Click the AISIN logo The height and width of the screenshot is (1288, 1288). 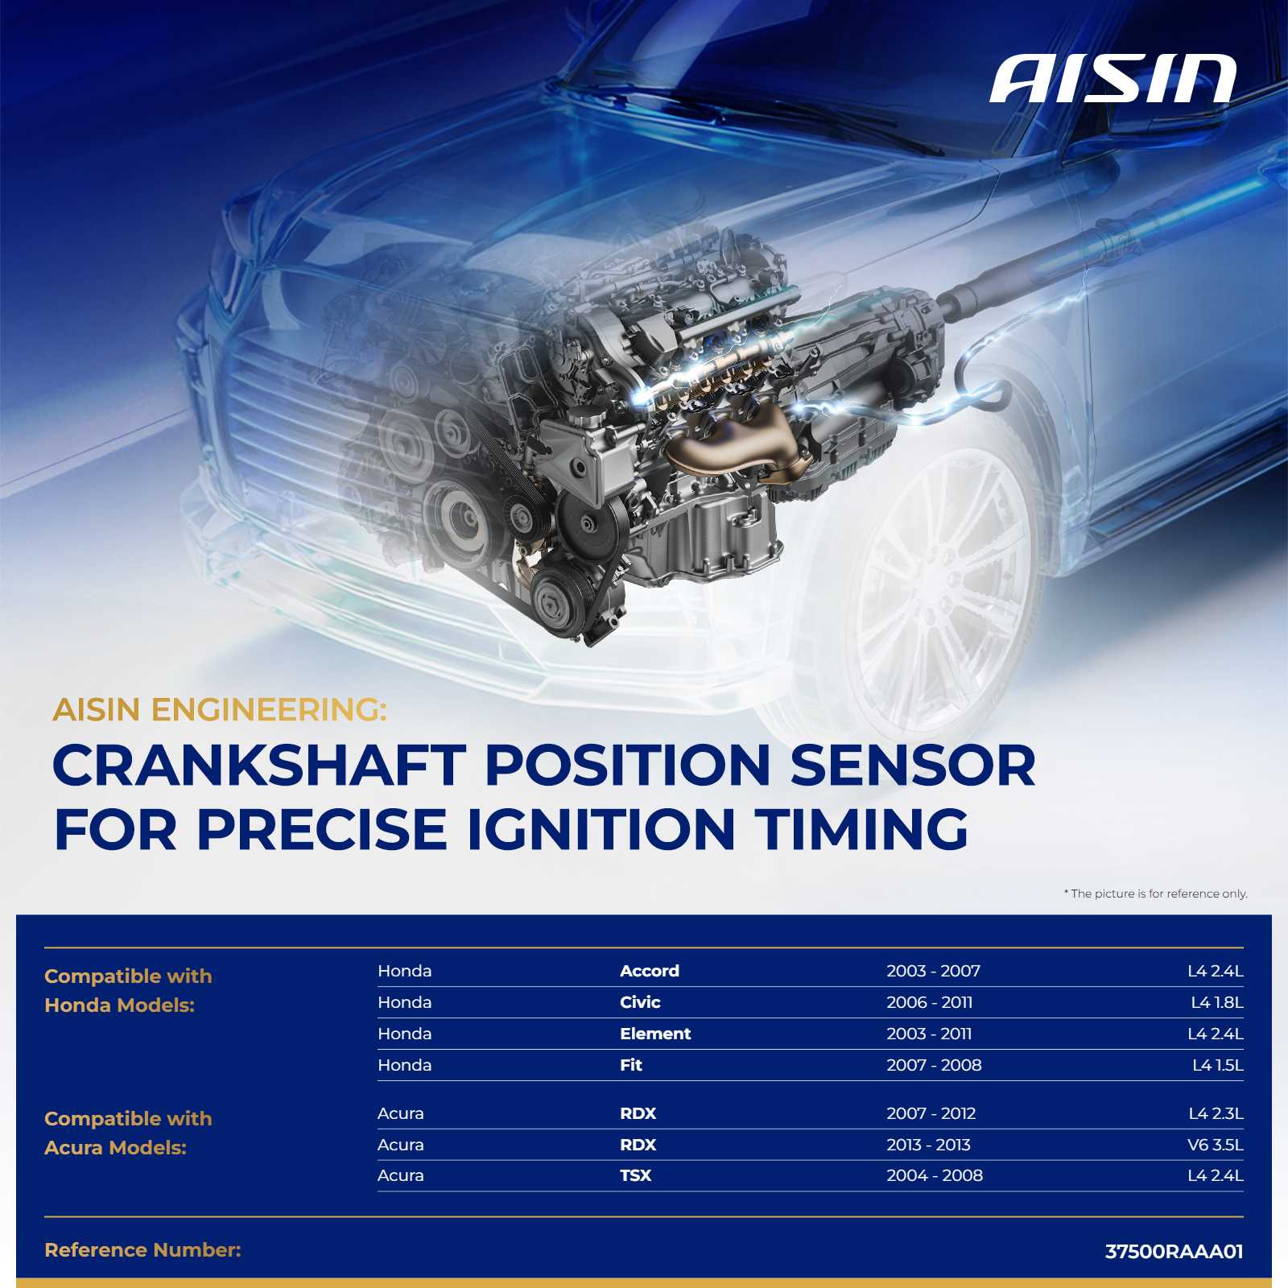[x=1113, y=80]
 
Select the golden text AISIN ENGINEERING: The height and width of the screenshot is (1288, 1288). [x=220, y=710]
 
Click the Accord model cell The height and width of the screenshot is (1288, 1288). [x=650, y=971]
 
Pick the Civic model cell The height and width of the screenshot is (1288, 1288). [x=640, y=1002]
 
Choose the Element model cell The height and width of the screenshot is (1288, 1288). [x=655, y=1034]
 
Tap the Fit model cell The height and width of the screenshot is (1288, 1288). [x=631, y=1065]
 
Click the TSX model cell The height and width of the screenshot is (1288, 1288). [x=635, y=1175]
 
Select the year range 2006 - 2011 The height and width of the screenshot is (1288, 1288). [x=930, y=1002]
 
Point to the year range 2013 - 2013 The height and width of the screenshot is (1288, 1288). [x=929, y=1145]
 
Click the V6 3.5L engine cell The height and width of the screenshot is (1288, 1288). [x=1216, y=1145]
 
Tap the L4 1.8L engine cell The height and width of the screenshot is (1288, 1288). [x=1217, y=1002]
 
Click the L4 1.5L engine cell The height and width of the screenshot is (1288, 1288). [x=1218, y=1065]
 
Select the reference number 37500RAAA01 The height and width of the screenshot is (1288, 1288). [x=1174, y=1252]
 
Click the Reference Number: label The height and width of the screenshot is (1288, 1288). [x=142, y=1250]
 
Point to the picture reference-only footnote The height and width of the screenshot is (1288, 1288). [x=1156, y=894]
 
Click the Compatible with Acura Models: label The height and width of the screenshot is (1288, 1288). [x=128, y=1133]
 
